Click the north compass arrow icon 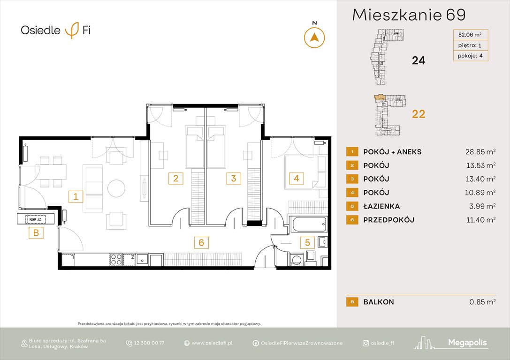314,37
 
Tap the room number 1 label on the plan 75,196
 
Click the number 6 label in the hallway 201,242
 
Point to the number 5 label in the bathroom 308,242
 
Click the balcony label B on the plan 36,232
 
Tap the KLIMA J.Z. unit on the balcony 36,218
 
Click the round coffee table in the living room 116,188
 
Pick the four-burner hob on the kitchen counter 116,259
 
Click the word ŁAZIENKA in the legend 381,206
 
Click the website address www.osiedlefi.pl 212,343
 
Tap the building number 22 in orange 418,114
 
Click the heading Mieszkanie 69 409,15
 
